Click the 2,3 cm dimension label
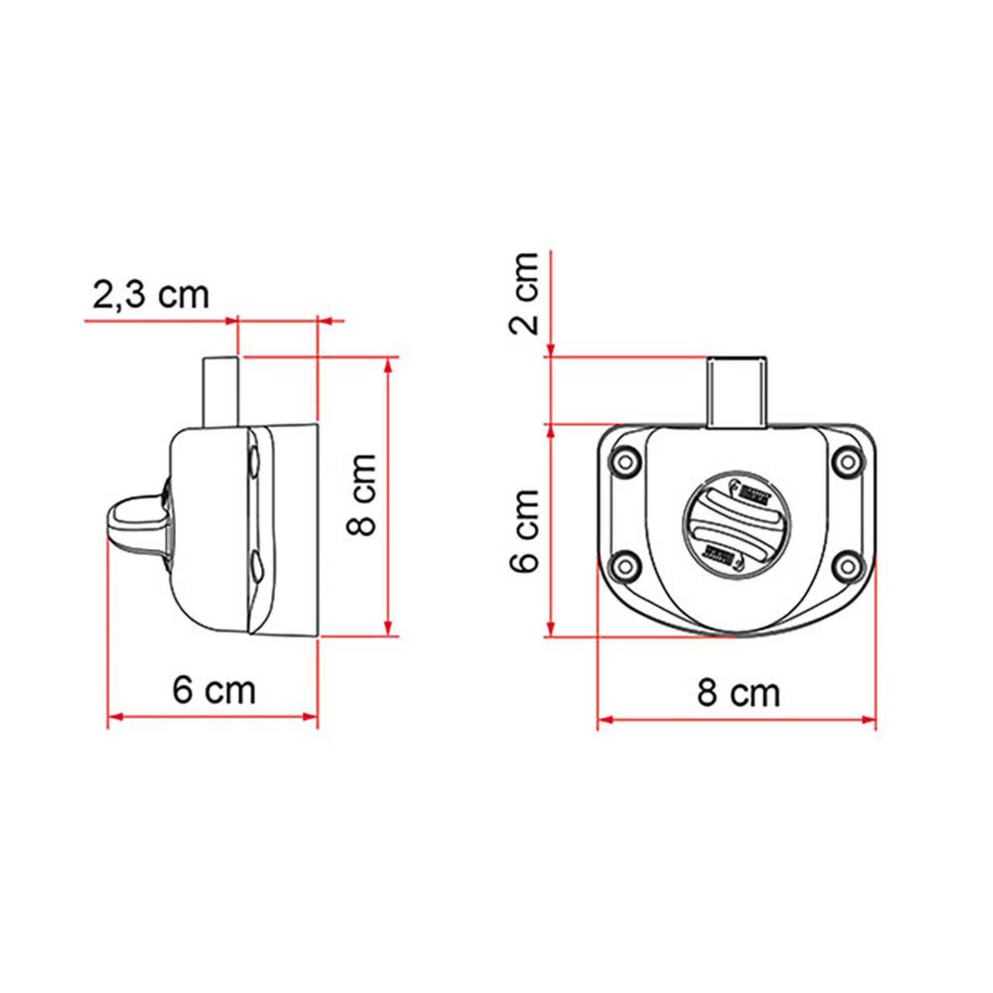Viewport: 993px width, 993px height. (150, 295)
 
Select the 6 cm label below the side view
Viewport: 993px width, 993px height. (214, 690)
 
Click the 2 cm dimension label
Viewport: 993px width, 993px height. (524, 294)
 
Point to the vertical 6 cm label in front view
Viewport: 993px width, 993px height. (524, 531)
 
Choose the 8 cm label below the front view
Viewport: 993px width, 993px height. (739, 692)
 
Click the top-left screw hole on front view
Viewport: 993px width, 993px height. (625, 462)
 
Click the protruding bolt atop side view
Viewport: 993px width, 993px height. (221, 392)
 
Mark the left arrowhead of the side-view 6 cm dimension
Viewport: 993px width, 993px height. (115, 717)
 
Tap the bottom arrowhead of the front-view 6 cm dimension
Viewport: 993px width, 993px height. (551, 630)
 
